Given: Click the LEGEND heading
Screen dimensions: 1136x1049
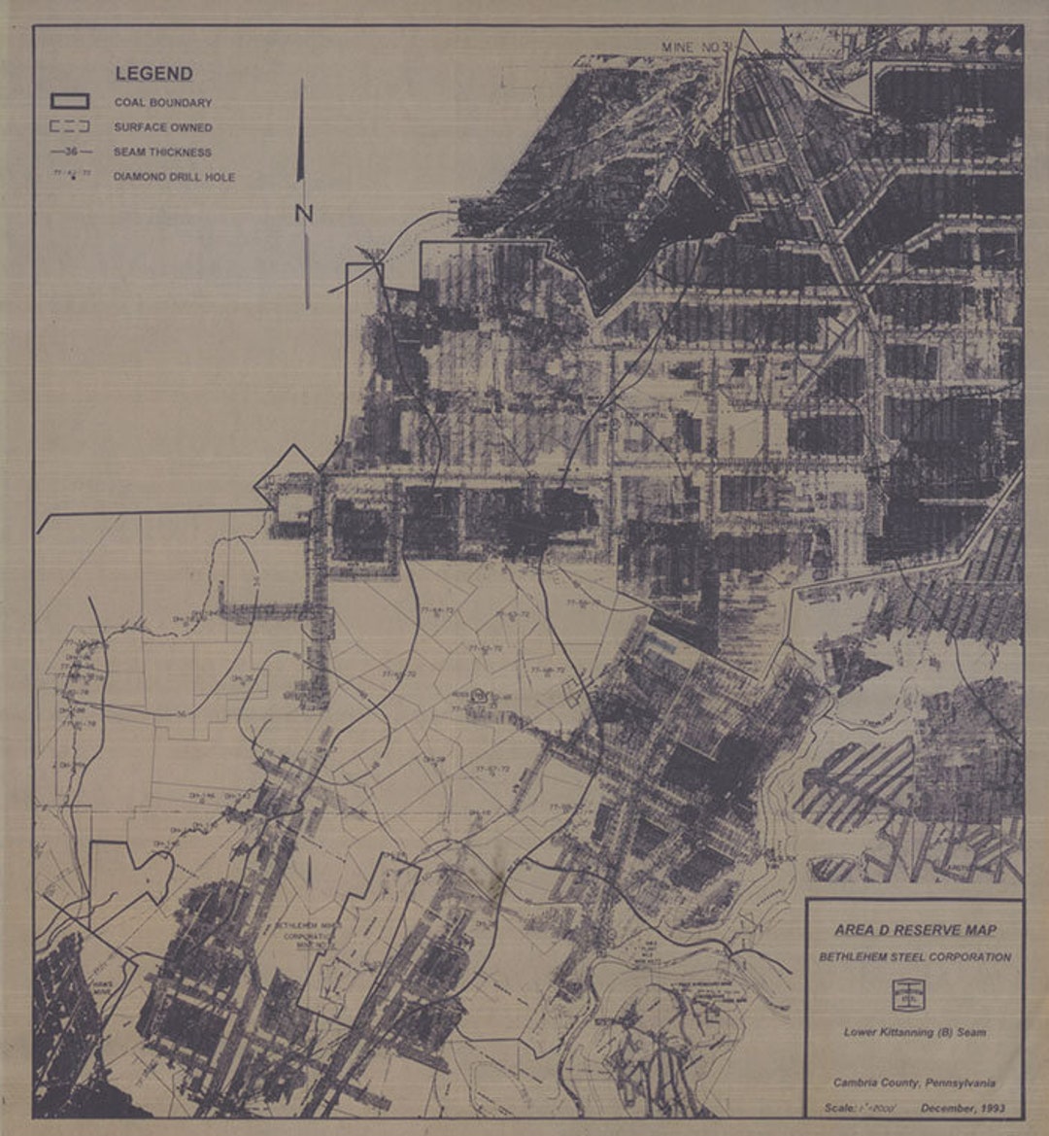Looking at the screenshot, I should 153,74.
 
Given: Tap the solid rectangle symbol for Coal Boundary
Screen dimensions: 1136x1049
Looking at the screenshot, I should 70,101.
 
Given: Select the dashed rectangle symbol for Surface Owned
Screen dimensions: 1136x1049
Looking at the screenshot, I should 70,126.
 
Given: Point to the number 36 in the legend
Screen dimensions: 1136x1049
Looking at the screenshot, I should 71,152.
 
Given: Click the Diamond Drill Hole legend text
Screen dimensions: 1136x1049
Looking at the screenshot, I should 174,177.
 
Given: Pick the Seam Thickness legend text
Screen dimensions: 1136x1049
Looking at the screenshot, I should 162,152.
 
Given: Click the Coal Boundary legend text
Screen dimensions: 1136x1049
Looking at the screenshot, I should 162,102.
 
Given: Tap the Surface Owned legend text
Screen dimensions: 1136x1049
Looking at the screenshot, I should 162,127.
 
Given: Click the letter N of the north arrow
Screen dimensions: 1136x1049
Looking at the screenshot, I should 303,213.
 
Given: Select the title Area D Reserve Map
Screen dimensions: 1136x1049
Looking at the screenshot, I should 915,930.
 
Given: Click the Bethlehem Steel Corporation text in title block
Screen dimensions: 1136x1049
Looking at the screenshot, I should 915,957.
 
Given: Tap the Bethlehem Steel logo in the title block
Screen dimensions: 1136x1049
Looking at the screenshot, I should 906,994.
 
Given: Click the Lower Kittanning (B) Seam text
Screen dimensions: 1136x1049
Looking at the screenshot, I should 914,1032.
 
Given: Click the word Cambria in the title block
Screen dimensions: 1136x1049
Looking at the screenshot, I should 854,1083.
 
